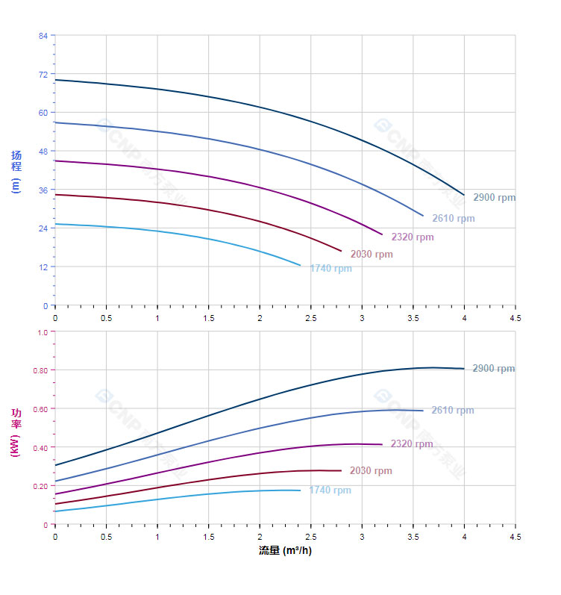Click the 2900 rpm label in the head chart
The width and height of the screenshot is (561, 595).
pos(494,198)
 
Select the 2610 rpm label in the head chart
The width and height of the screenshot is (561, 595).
pos(453,219)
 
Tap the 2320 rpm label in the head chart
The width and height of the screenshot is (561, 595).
pos(413,237)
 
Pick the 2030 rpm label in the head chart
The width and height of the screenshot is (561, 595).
pos(372,255)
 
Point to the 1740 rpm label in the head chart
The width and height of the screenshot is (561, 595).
pos(330,269)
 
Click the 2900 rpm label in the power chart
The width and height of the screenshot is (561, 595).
pos(493,369)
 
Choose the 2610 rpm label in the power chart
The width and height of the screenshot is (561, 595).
pos(452,411)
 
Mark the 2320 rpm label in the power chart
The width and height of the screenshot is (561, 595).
pos(412,444)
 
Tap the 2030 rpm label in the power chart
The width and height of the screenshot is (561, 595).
pos(371,471)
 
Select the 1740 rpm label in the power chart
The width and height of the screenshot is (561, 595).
pos(330,490)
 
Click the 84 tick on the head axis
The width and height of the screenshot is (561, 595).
pos(43,36)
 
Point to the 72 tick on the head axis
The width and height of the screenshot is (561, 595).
pos(43,75)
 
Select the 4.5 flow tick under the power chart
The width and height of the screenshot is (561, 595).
pos(515,537)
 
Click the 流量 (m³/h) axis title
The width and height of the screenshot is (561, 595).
pos(285,552)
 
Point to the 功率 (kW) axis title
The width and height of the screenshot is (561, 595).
pos(16,433)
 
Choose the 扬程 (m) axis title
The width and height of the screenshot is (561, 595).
pos(16,172)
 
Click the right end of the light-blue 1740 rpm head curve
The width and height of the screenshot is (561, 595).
pos(300,265)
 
